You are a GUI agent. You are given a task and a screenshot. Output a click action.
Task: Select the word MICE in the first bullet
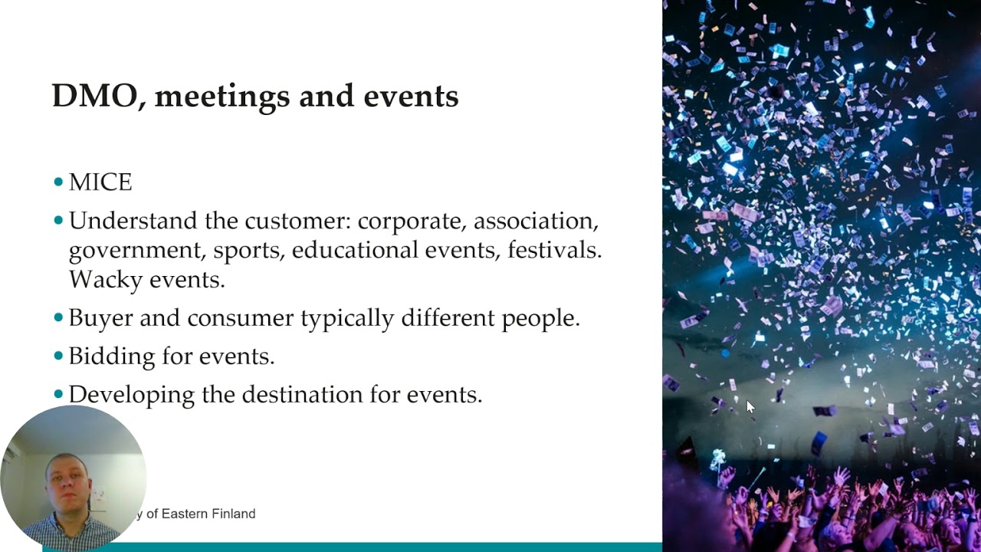click(100, 183)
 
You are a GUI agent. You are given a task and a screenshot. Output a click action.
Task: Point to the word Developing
click(131, 395)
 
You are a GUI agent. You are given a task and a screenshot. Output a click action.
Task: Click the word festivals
click(554, 251)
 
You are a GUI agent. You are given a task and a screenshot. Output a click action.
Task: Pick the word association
click(535, 222)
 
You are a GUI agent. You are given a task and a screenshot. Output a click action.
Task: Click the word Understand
click(133, 222)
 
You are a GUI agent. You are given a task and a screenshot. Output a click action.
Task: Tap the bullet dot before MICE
click(59, 182)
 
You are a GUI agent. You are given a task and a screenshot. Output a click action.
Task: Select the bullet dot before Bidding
click(59, 356)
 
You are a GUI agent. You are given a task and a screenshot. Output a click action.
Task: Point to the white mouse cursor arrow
click(750, 406)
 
